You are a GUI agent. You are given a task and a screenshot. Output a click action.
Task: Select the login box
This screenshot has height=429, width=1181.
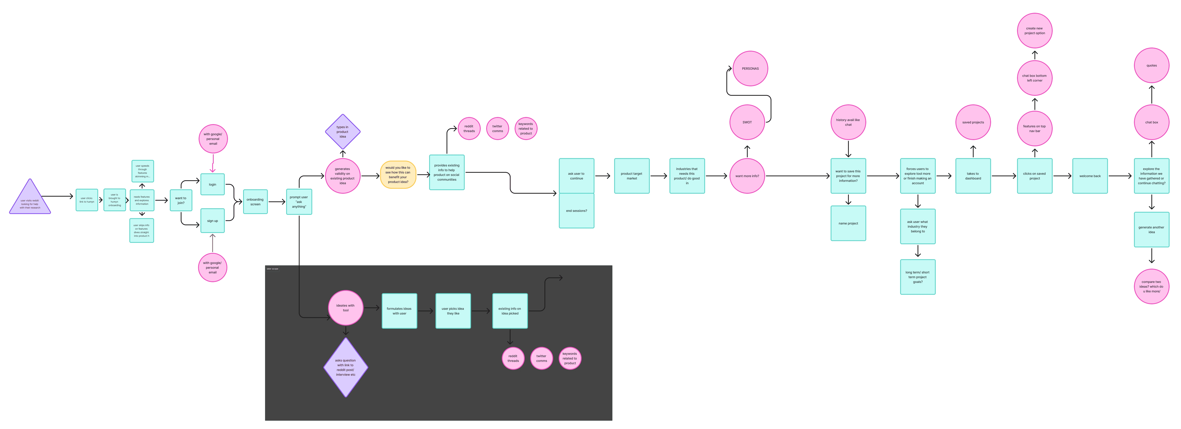[x=212, y=184]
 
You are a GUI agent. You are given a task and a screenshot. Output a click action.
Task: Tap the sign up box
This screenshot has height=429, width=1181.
[x=212, y=221]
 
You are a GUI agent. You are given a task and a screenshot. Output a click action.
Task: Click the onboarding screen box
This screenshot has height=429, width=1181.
[x=255, y=202]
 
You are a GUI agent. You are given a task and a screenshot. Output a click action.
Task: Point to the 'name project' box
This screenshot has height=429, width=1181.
[x=848, y=223]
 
